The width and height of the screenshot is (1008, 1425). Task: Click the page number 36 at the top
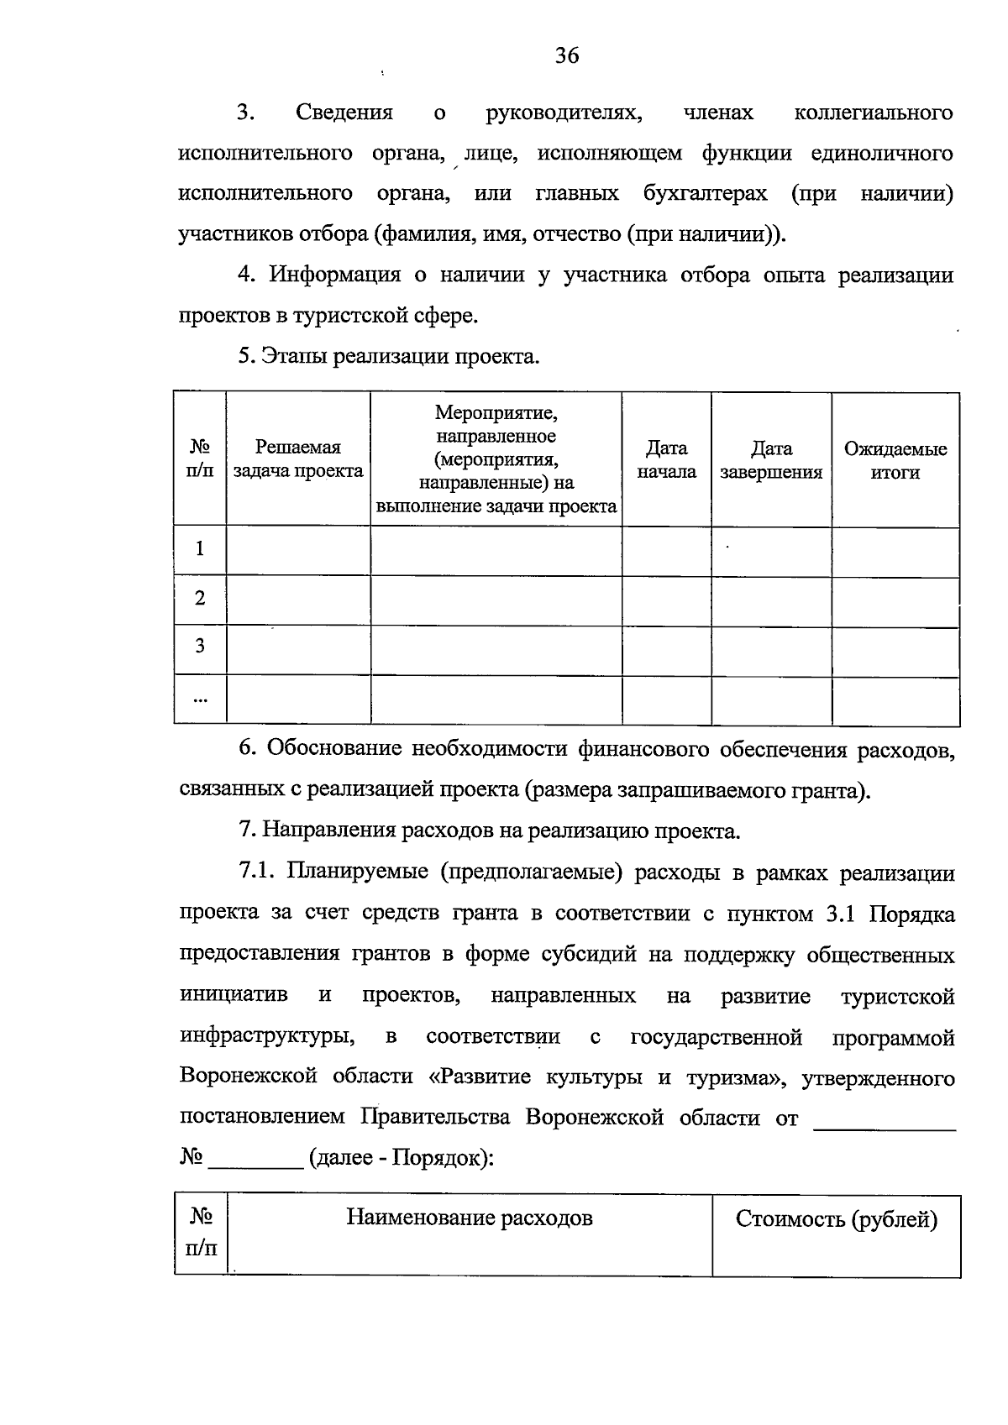coord(567,56)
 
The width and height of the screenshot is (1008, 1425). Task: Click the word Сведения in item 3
coord(344,113)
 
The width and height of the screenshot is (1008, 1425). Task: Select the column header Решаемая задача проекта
coord(298,459)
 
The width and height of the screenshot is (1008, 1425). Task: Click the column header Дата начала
coord(666,459)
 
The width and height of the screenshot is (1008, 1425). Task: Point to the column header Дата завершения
coord(771,459)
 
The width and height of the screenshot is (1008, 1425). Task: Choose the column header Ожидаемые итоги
coord(895,460)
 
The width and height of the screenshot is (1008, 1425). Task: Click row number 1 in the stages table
coord(200,549)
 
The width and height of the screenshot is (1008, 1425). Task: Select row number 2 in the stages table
coord(200,599)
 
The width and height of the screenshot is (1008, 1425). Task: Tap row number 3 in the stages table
coord(200,647)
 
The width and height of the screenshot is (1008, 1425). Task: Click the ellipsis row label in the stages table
coord(200,698)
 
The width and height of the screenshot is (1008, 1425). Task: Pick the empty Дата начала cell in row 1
coord(666,551)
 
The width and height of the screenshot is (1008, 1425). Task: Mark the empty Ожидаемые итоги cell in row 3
coord(895,649)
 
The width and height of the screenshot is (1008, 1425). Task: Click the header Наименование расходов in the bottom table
coord(470,1218)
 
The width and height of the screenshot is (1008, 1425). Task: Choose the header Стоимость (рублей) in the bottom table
coord(837,1219)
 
